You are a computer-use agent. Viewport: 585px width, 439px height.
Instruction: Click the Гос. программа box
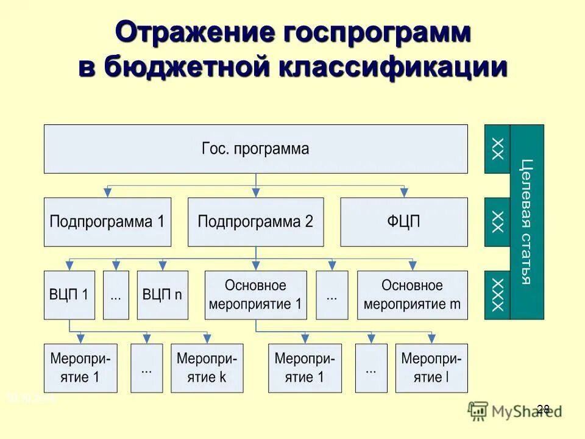click(255, 149)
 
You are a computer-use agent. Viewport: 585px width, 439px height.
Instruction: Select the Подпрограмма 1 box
click(107, 222)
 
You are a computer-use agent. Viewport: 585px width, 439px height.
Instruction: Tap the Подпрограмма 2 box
click(255, 222)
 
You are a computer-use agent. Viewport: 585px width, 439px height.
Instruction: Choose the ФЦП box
click(403, 222)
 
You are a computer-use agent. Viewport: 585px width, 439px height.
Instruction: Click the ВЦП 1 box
click(69, 295)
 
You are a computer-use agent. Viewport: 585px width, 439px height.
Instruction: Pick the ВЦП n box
click(162, 295)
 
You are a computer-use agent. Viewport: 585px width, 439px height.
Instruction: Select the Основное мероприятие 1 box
click(255, 295)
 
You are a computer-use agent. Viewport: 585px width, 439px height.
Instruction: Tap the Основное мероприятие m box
click(412, 295)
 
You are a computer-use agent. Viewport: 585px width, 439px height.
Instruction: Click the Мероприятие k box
click(207, 368)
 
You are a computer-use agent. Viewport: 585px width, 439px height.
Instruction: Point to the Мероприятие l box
click(431, 368)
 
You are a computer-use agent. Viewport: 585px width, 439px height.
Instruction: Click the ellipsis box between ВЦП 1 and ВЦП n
click(116, 295)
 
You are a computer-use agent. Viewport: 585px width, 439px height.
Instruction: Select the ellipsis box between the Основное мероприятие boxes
click(332, 295)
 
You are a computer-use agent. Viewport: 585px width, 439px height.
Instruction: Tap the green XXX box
click(497, 295)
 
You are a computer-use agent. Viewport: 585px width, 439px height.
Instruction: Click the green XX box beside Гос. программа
click(497, 149)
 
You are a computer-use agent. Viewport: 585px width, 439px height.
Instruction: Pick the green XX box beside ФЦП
click(497, 222)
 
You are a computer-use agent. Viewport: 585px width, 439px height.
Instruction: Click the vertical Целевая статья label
click(526, 222)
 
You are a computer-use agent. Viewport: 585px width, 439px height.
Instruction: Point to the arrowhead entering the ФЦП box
click(403, 192)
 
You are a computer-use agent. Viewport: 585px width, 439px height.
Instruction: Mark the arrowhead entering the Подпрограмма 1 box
click(108, 192)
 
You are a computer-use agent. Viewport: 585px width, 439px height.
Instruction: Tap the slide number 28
click(544, 409)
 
